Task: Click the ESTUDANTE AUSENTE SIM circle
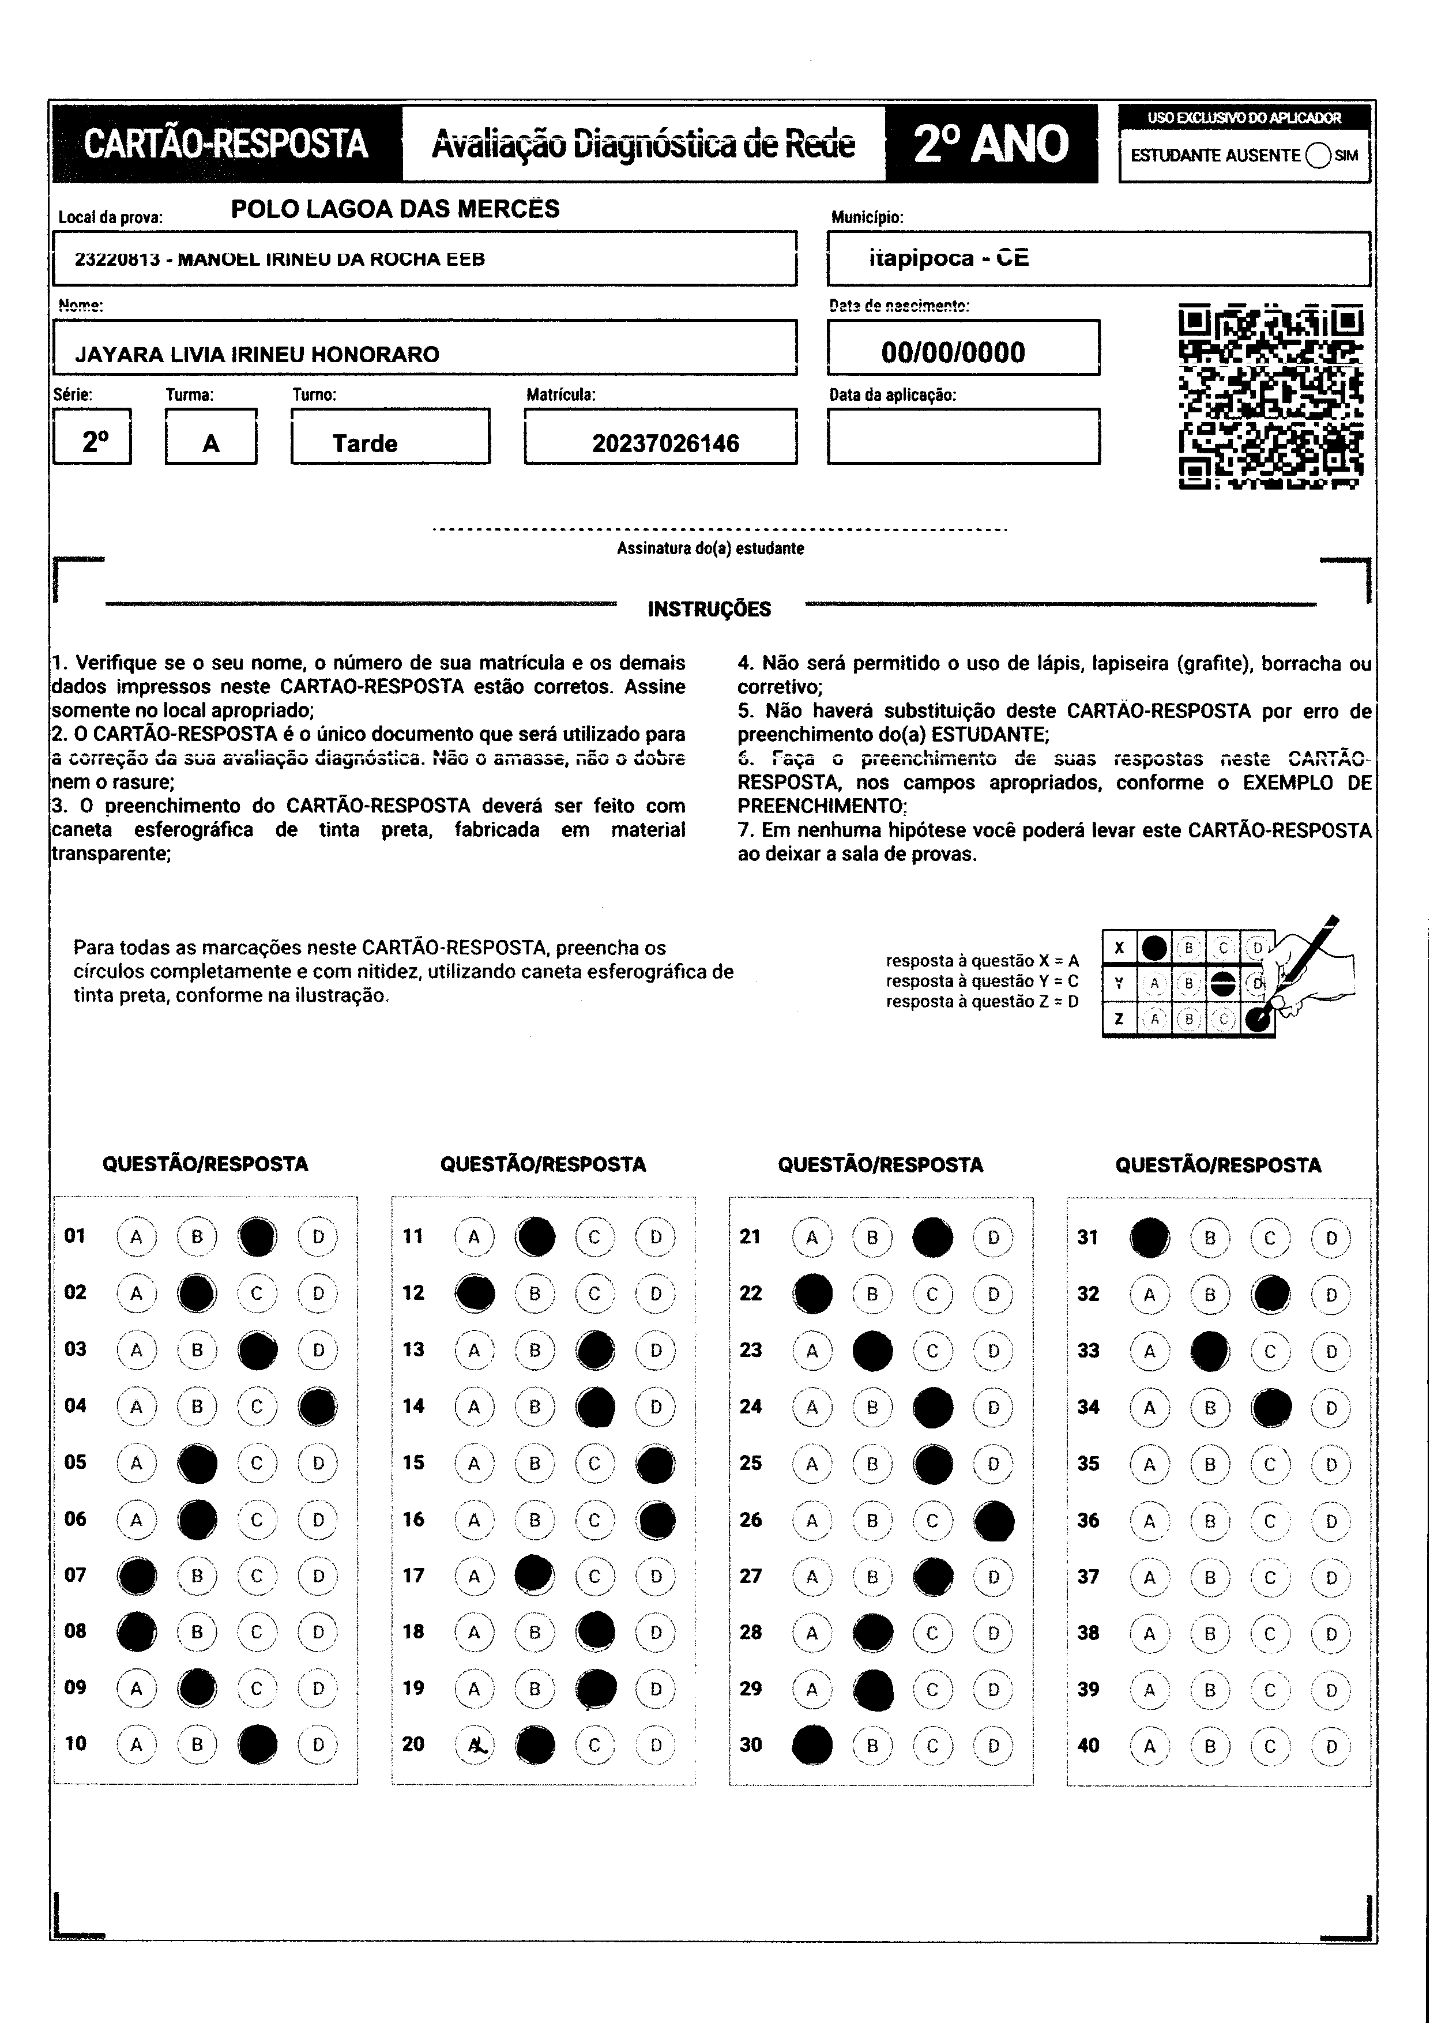coord(1319,156)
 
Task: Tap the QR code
coord(1270,397)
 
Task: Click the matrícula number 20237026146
coord(665,443)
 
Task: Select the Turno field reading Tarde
coord(365,443)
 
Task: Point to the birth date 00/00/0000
coord(953,352)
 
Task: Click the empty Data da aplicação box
coord(963,436)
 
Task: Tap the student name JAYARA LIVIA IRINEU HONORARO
coord(257,354)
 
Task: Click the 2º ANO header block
coord(991,144)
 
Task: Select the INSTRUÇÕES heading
coord(709,609)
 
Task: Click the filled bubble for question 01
coord(257,1236)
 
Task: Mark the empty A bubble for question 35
coord(1149,1464)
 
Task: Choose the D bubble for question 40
coord(1330,1746)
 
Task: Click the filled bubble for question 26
coord(994,1521)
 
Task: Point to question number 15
coord(413,1462)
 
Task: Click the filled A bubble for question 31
coord(1150,1237)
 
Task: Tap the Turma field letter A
coord(210,443)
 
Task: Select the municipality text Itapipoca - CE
coord(948,258)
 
